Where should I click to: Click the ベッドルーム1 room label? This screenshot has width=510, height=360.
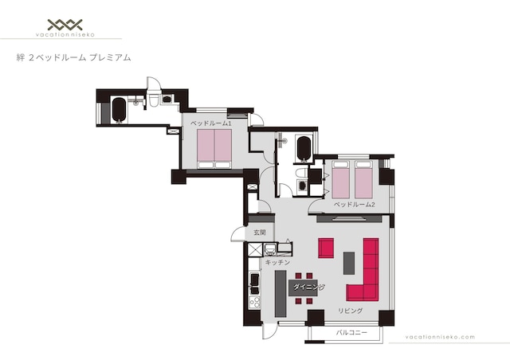point(210,123)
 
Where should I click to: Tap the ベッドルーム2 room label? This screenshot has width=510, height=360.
point(354,205)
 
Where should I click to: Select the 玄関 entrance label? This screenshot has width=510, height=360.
point(260,233)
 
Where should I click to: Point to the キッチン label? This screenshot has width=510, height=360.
point(277,262)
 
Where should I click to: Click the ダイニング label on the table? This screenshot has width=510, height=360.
point(308,288)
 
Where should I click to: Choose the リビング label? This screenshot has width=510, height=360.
point(350,311)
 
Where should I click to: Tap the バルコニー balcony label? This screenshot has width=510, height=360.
point(351,333)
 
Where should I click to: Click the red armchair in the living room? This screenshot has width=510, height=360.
point(326,248)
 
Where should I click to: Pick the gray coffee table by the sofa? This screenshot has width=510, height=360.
point(349,263)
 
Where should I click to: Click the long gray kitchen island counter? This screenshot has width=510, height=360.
point(280,294)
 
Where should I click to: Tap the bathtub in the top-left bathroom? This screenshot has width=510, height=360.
point(119,110)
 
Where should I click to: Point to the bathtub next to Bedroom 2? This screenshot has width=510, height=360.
point(304,149)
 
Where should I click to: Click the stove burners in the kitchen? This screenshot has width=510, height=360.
point(254,303)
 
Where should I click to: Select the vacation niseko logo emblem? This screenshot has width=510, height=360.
point(65,25)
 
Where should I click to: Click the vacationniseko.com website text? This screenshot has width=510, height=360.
point(440,337)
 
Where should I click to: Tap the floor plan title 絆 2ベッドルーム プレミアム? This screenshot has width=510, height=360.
point(73,58)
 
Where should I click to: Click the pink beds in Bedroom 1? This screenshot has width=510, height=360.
point(214,149)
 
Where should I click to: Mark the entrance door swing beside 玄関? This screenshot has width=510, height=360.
point(237,234)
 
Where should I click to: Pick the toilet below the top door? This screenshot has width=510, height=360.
point(153,100)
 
